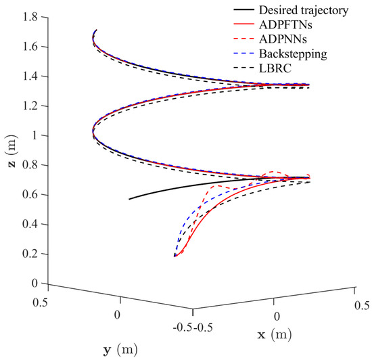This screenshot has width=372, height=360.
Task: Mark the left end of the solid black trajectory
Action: (x=129, y=199)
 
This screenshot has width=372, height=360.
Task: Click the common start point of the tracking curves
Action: (x=175, y=256)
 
